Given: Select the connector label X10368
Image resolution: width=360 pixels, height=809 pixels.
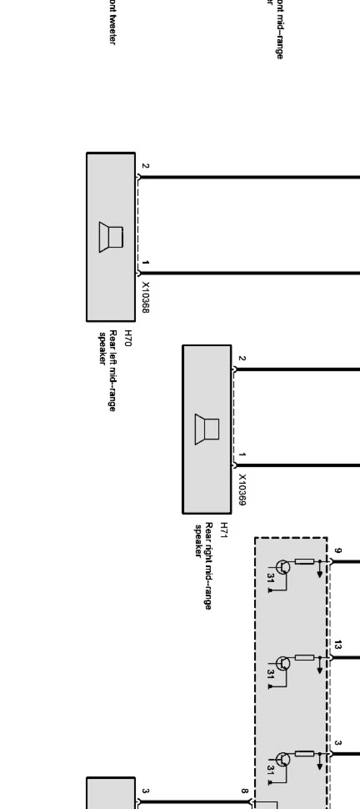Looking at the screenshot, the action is point(146,297).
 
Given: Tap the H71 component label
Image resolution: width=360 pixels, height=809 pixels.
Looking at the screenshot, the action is point(224,531).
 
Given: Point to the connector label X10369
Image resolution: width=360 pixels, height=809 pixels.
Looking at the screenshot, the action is point(242,490).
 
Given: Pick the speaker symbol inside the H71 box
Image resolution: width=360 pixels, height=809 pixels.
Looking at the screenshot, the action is point(207,429).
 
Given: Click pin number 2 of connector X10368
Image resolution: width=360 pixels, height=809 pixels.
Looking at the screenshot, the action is point(145,166).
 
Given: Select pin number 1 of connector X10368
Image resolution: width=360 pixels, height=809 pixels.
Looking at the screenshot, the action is point(145,263).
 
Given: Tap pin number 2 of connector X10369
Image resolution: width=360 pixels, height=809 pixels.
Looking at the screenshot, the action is point(242,358).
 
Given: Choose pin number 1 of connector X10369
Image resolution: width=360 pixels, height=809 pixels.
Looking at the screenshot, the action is point(242,455).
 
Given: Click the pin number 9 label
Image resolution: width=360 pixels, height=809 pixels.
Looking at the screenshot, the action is point(338,551).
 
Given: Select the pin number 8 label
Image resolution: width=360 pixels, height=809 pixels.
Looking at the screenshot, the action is point(244,791).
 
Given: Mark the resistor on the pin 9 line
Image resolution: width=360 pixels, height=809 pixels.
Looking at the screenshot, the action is point(304,562).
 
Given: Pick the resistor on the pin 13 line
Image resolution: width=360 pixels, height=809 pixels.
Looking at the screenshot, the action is point(304,658).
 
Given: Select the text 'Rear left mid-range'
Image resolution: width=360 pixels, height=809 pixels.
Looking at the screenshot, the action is point(113,370).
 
